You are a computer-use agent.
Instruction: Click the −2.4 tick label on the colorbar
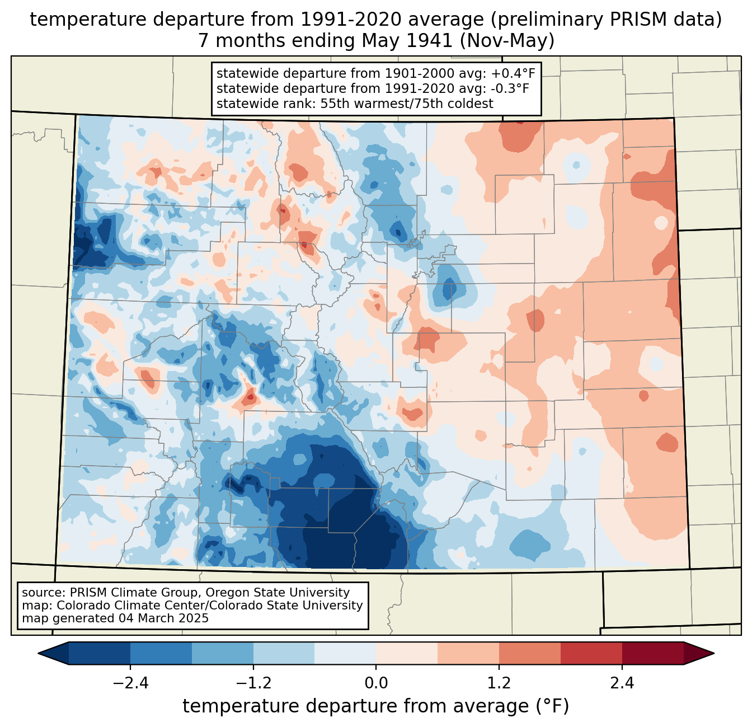[x=130, y=683]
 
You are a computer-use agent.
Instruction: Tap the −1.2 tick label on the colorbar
[x=253, y=683]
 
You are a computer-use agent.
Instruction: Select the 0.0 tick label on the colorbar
[x=376, y=683]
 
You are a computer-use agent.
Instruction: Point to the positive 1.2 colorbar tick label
[x=499, y=683]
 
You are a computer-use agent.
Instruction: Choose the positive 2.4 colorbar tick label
[x=622, y=683]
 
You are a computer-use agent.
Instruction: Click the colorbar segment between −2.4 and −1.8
[x=161, y=653]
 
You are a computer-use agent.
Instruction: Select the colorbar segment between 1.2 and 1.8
[x=530, y=653]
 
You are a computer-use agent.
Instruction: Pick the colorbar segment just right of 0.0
[x=407, y=653]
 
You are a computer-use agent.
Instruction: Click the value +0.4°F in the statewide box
[x=515, y=74]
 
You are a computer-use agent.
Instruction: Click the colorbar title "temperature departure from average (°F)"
[x=376, y=706]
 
